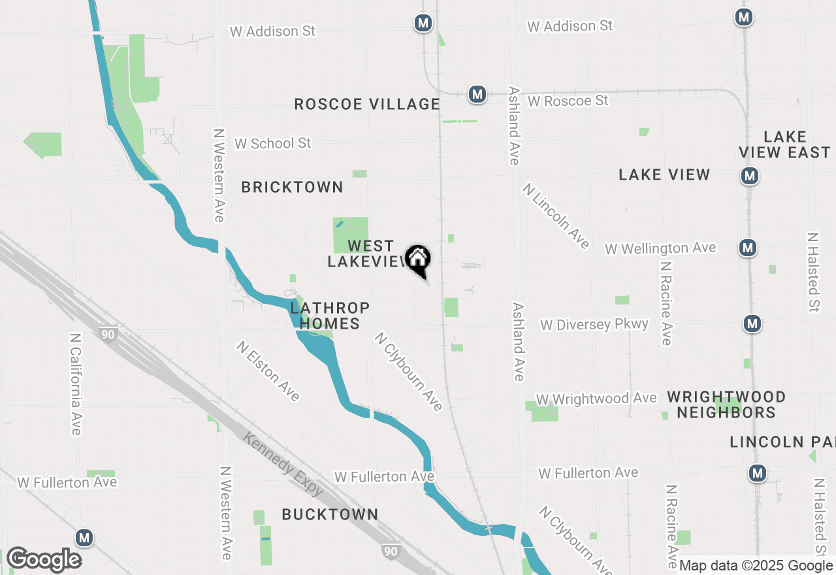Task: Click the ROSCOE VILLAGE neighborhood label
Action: click(x=366, y=104)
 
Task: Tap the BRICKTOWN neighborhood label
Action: click(x=292, y=187)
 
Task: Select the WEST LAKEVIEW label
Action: click(x=369, y=254)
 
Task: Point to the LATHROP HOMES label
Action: click(x=330, y=316)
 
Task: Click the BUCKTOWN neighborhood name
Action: click(x=330, y=514)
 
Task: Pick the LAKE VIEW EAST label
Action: click(x=784, y=144)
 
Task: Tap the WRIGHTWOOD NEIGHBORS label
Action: click(x=726, y=404)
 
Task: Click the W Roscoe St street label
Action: click(x=568, y=101)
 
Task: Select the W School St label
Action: click(x=273, y=143)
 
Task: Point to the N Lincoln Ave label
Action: click(x=556, y=216)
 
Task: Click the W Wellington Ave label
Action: click(x=660, y=248)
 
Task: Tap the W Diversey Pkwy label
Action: click(x=594, y=325)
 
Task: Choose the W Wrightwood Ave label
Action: click(x=596, y=399)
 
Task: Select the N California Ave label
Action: click(x=76, y=384)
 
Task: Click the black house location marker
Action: click(x=418, y=260)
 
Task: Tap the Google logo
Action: click(x=44, y=560)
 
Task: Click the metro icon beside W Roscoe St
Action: click(x=477, y=94)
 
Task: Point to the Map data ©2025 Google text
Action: click(x=756, y=566)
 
